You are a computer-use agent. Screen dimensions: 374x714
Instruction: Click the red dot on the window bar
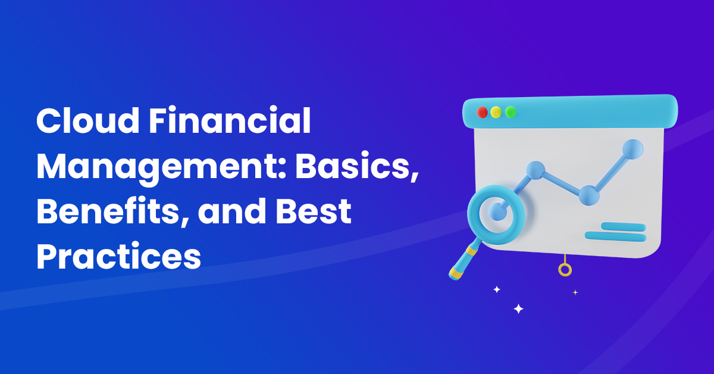click(x=483, y=113)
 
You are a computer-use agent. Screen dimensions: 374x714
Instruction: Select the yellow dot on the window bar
click(x=496, y=113)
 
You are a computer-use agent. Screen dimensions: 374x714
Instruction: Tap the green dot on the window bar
click(x=510, y=113)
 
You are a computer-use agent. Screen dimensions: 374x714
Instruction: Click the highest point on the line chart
click(x=633, y=147)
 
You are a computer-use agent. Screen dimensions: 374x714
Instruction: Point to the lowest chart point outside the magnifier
click(x=588, y=194)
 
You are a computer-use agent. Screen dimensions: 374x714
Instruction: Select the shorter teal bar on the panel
click(x=623, y=226)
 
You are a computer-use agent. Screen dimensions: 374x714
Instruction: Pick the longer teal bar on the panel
click(x=615, y=236)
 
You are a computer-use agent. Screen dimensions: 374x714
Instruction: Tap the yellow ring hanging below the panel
click(x=565, y=270)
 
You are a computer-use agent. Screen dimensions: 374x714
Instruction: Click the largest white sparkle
click(x=518, y=308)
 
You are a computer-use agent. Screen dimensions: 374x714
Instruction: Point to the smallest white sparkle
click(x=575, y=292)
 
